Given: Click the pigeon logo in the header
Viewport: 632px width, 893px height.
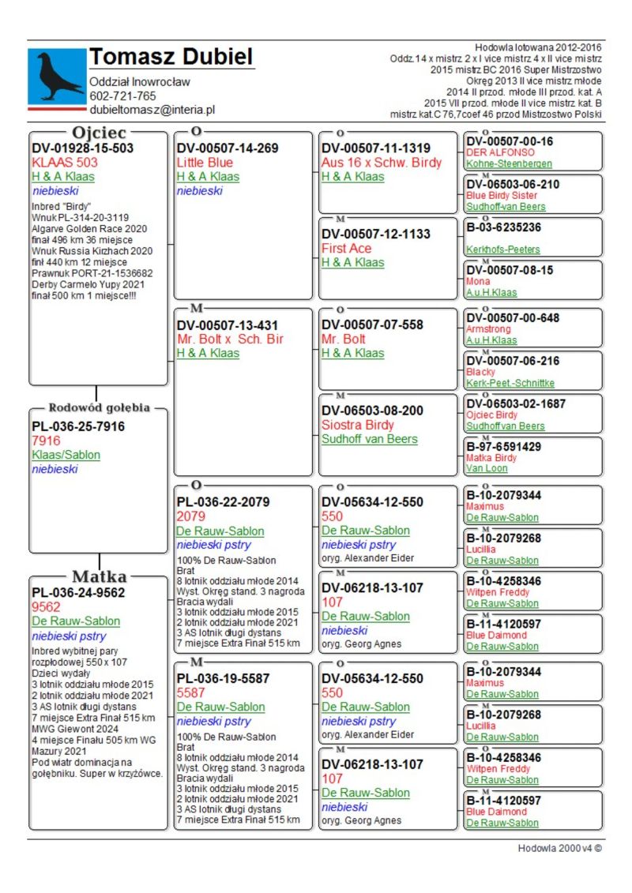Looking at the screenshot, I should (57, 76).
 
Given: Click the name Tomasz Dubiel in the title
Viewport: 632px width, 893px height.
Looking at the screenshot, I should (171, 57).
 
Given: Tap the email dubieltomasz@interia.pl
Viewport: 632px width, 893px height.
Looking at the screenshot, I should (152, 111).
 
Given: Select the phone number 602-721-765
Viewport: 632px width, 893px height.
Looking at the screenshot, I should (122, 96).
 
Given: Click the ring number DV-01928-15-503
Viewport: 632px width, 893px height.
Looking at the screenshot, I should (83, 148).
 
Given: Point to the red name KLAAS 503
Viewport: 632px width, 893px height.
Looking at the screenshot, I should (65, 163).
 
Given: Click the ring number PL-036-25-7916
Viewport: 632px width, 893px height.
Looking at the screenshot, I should (78, 427).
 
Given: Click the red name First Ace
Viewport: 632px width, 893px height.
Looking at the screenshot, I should (346, 249).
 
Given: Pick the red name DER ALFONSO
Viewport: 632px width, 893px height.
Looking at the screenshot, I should (500, 152).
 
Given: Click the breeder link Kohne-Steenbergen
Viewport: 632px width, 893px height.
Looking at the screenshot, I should (509, 164).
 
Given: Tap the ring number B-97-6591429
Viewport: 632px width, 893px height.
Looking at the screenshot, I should (503, 447).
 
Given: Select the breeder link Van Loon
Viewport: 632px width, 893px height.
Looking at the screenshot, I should (487, 468).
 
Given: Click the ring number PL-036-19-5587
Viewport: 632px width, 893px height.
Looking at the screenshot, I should (223, 678).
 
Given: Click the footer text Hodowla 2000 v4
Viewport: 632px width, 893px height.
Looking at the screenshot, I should (559, 849).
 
